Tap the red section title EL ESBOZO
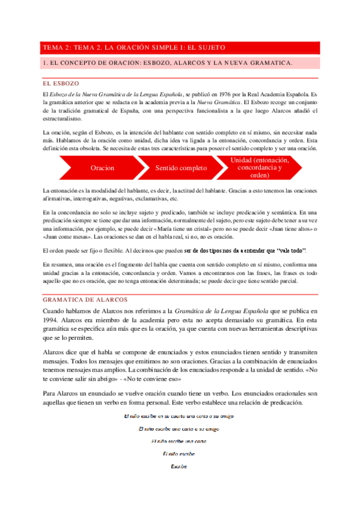point(60,83)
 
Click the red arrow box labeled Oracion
point(103,168)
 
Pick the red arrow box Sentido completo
point(180,168)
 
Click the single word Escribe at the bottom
point(179,466)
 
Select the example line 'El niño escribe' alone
point(179,453)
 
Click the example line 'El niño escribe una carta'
point(179,441)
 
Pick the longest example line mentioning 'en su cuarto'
point(179,416)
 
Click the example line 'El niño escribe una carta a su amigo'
point(179,429)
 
